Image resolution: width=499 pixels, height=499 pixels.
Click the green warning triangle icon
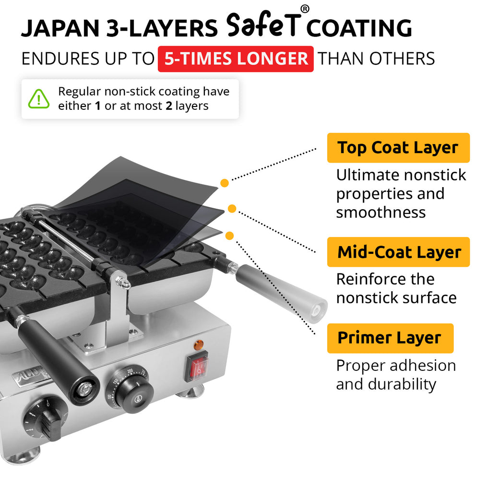39,99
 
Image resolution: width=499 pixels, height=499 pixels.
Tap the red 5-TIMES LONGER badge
236,59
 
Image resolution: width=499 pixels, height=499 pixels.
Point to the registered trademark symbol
305,10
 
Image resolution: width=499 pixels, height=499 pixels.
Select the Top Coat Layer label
398,148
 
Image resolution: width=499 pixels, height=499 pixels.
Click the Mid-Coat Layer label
399,252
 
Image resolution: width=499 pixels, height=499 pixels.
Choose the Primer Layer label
390,338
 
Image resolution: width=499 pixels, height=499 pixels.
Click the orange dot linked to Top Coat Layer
224,183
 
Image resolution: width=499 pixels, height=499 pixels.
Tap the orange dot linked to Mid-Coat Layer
232,209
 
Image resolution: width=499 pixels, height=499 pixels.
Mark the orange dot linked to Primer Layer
230,236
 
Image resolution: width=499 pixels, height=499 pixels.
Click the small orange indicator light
199,345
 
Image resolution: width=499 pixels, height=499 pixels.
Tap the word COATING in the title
359,29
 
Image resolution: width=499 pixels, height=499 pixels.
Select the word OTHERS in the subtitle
402,59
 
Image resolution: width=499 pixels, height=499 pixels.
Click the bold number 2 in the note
169,106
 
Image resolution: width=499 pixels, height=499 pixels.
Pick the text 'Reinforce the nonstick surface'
396,288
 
